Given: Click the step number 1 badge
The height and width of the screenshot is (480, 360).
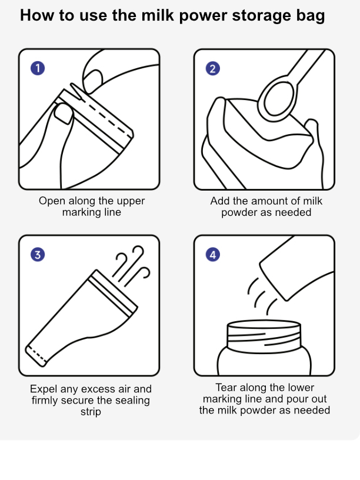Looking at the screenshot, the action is (x=38, y=68).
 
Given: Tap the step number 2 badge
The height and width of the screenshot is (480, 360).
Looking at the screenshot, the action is (x=213, y=68).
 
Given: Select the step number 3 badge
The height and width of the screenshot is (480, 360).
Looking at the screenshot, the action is (x=38, y=254).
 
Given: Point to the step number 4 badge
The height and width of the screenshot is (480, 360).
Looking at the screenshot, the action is (x=213, y=254).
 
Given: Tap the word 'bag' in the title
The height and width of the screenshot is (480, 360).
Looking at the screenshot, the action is (x=310, y=16).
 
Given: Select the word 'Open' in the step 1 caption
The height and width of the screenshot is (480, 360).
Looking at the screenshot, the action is (x=52, y=201).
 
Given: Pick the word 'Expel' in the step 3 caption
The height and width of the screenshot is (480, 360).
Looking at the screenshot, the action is (x=44, y=389).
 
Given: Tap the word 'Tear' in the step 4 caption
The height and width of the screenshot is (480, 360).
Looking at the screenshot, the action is (x=226, y=387).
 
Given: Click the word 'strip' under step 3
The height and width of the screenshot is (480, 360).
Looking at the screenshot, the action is (x=91, y=412).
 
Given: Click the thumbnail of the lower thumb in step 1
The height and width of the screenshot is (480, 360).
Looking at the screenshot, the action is (x=64, y=114).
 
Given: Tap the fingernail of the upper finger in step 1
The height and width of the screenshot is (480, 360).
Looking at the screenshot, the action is (x=93, y=81).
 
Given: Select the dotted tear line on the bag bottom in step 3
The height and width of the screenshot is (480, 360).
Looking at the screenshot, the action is (x=36, y=355).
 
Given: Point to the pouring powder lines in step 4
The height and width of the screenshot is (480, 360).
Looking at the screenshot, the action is (x=262, y=296).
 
